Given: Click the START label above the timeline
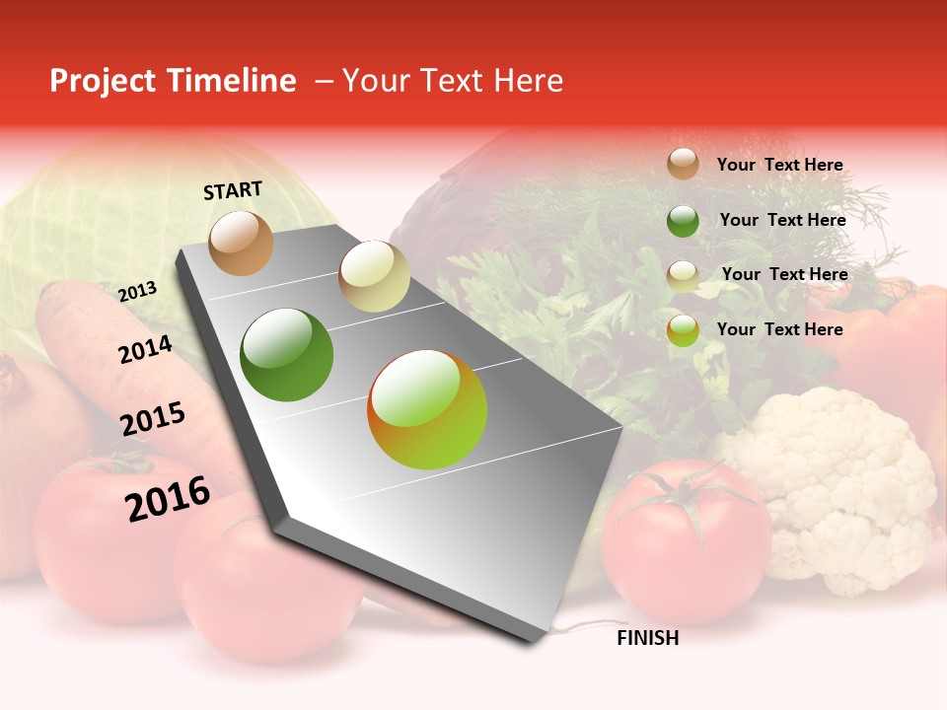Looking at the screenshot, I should (x=233, y=190).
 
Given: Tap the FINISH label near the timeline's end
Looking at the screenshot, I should (x=647, y=638).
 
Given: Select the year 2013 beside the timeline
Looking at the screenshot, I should (x=137, y=292).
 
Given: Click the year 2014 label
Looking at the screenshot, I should (x=145, y=350).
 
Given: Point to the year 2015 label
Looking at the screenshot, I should (x=153, y=419).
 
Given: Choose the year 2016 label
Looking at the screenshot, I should (x=168, y=498).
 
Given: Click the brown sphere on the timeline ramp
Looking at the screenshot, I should (x=241, y=243).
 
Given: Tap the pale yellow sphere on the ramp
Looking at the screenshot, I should (x=374, y=276).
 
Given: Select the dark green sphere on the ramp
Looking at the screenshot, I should (x=287, y=355).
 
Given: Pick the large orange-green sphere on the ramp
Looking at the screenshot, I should (x=427, y=409).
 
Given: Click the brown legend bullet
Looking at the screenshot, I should (x=683, y=164).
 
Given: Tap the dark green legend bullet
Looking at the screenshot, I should (x=683, y=220).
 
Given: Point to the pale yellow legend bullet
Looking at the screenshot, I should (x=683, y=275).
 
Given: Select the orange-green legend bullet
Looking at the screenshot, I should (x=683, y=330).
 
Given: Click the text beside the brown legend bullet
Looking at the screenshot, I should (x=779, y=165).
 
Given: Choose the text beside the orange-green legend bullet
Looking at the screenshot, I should (x=779, y=329).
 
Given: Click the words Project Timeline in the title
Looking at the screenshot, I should (x=173, y=81).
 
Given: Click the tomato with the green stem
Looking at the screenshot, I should (x=686, y=528).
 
